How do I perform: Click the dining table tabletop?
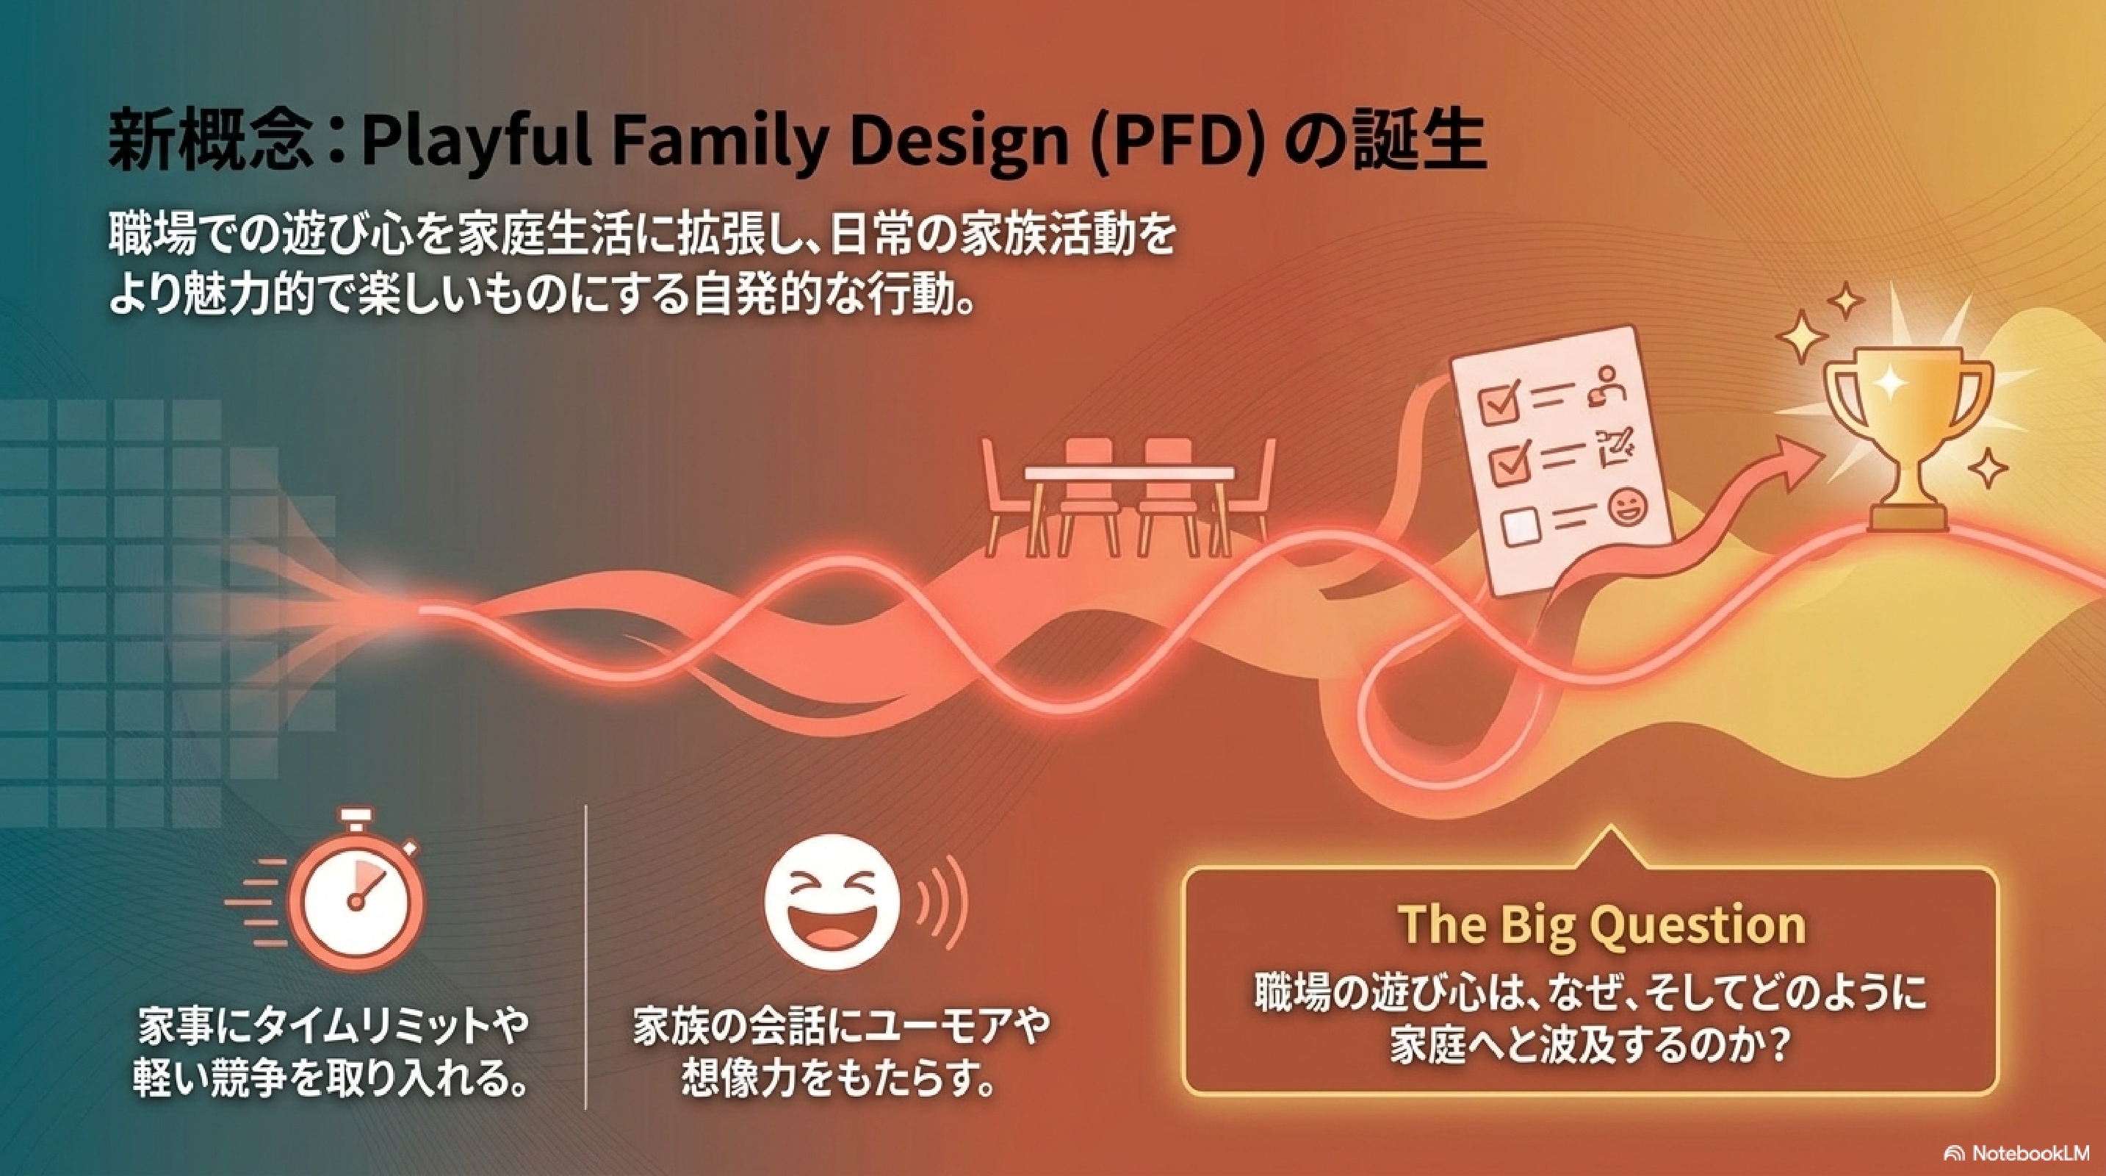(x=1130, y=473)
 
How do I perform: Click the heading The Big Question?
(x=1600, y=925)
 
